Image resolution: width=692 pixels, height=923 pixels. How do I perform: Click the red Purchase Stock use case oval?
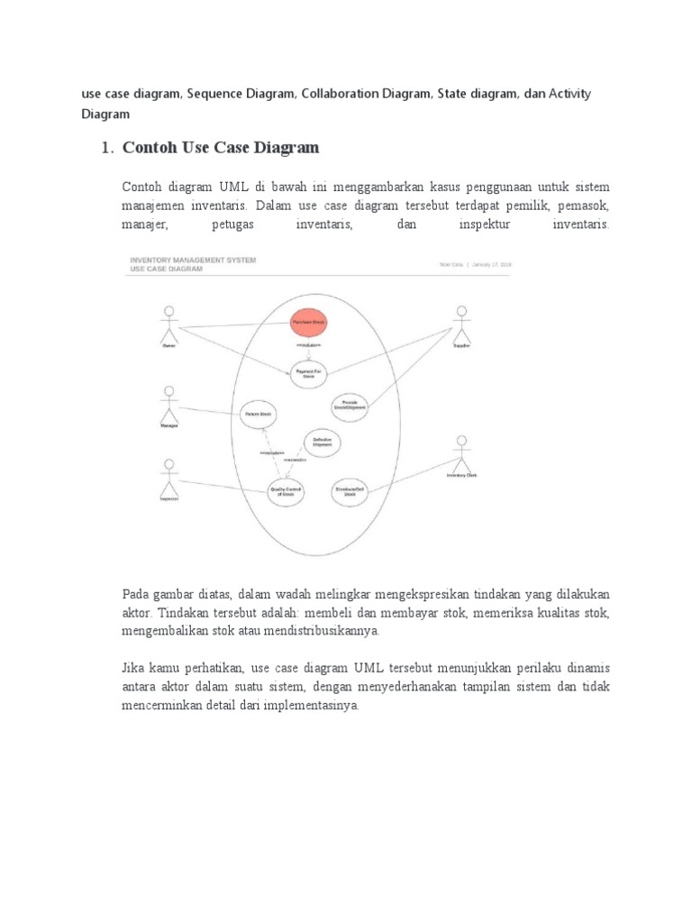click(x=307, y=323)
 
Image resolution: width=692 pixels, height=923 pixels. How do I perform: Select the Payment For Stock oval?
click(x=307, y=372)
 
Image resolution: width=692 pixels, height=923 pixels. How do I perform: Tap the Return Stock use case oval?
click(x=258, y=416)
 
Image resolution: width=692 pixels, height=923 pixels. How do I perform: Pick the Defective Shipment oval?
click(x=323, y=441)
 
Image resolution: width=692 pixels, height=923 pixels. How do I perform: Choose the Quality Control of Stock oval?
click(x=287, y=492)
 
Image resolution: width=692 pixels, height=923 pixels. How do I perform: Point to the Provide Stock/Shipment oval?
click(x=351, y=407)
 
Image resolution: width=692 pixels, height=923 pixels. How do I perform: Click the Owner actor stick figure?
click(x=167, y=323)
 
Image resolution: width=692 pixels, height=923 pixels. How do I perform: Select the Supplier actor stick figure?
click(x=461, y=323)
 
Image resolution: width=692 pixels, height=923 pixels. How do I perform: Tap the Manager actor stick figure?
click(x=168, y=403)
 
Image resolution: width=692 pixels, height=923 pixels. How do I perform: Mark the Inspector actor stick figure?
click(x=168, y=476)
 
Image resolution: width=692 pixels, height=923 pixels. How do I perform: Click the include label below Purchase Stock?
click(x=307, y=346)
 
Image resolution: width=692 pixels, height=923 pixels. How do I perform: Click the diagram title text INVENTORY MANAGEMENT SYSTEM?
click(x=193, y=260)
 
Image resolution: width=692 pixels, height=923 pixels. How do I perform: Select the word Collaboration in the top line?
click(x=334, y=94)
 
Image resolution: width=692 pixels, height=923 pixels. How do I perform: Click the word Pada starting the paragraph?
click(x=136, y=594)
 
